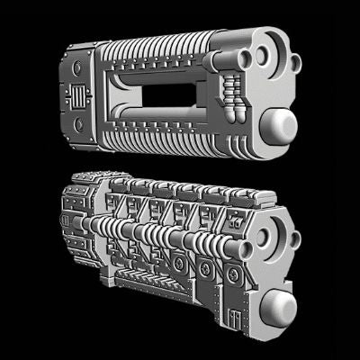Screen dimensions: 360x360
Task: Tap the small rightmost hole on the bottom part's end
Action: [292, 238]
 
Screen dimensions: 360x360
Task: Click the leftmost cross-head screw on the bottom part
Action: [183, 264]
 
